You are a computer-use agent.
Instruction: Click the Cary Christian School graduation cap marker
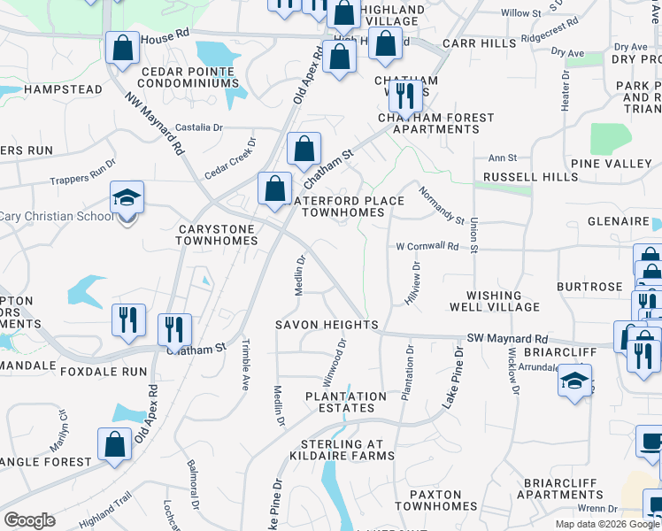[127, 198]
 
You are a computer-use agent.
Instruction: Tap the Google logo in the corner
[29, 520]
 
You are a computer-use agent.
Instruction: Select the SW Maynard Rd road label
[508, 339]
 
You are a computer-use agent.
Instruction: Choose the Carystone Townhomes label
[216, 235]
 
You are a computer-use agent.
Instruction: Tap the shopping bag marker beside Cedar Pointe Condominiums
[122, 48]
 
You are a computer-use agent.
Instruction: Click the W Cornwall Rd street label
[427, 247]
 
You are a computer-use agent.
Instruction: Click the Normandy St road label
[442, 204]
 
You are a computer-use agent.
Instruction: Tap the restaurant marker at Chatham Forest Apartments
[405, 93]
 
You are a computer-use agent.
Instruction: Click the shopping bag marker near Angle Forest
[115, 446]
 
